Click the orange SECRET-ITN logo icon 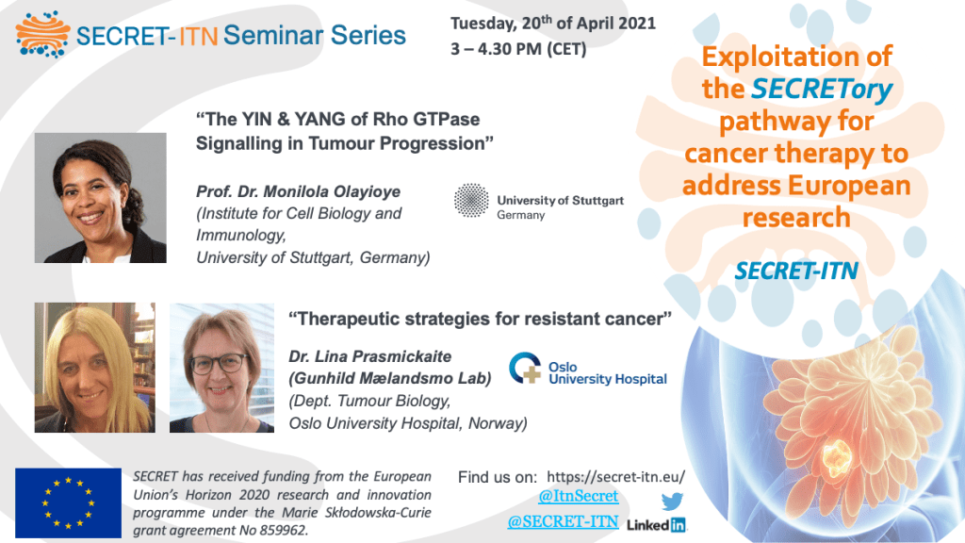click(42, 34)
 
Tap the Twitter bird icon click(672, 502)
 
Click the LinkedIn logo click(656, 524)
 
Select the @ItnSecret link click(578, 496)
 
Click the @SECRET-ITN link click(563, 521)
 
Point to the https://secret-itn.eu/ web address click(615, 476)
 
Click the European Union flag click(68, 503)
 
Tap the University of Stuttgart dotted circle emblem click(471, 200)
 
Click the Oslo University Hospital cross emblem click(525, 368)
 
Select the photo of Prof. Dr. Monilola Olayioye click(100, 198)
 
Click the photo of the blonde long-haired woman click(95, 368)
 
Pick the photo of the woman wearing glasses click(222, 368)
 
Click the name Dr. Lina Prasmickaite click(369, 356)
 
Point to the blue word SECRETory click(822, 89)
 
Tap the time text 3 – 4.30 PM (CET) click(518, 49)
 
